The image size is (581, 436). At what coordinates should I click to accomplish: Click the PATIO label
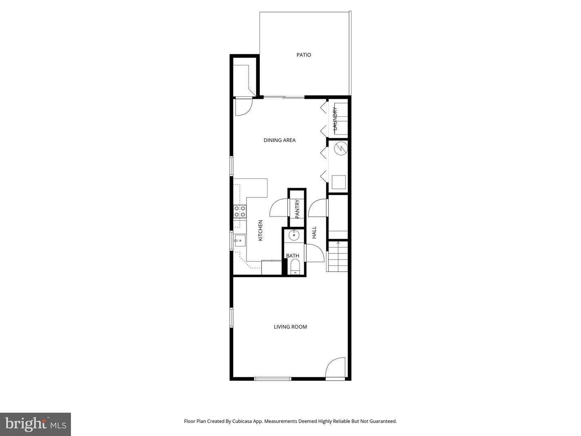(304, 55)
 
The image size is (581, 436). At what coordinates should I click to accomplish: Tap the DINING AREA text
(280, 140)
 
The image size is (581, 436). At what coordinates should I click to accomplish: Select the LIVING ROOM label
(290, 327)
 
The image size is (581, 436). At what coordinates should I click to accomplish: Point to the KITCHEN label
(260, 231)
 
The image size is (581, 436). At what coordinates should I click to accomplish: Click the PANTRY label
(297, 209)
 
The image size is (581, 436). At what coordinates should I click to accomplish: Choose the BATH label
(293, 256)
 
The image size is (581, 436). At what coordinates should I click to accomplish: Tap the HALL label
(314, 232)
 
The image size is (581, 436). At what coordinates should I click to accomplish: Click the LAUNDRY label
(334, 118)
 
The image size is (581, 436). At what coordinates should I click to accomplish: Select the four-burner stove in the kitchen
(240, 212)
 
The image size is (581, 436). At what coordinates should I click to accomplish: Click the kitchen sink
(239, 241)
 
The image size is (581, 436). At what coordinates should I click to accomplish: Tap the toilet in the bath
(295, 267)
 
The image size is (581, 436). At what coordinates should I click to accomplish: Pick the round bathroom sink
(294, 235)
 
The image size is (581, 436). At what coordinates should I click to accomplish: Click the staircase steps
(337, 256)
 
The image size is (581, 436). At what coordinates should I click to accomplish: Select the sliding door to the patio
(284, 97)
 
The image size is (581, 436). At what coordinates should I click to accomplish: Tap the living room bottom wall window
(272, 379)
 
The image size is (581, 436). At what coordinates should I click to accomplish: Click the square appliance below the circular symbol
(338, 182)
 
